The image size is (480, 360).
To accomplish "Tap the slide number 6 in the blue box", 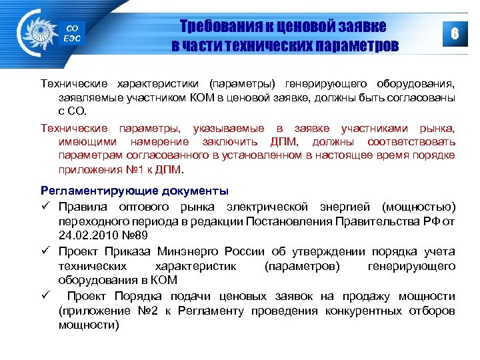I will click(455, 34).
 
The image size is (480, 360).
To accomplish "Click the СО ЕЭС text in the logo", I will click(72, 33).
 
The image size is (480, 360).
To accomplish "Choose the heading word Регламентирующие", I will click(92, 191).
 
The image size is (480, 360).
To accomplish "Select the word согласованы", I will click(424, 98).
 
